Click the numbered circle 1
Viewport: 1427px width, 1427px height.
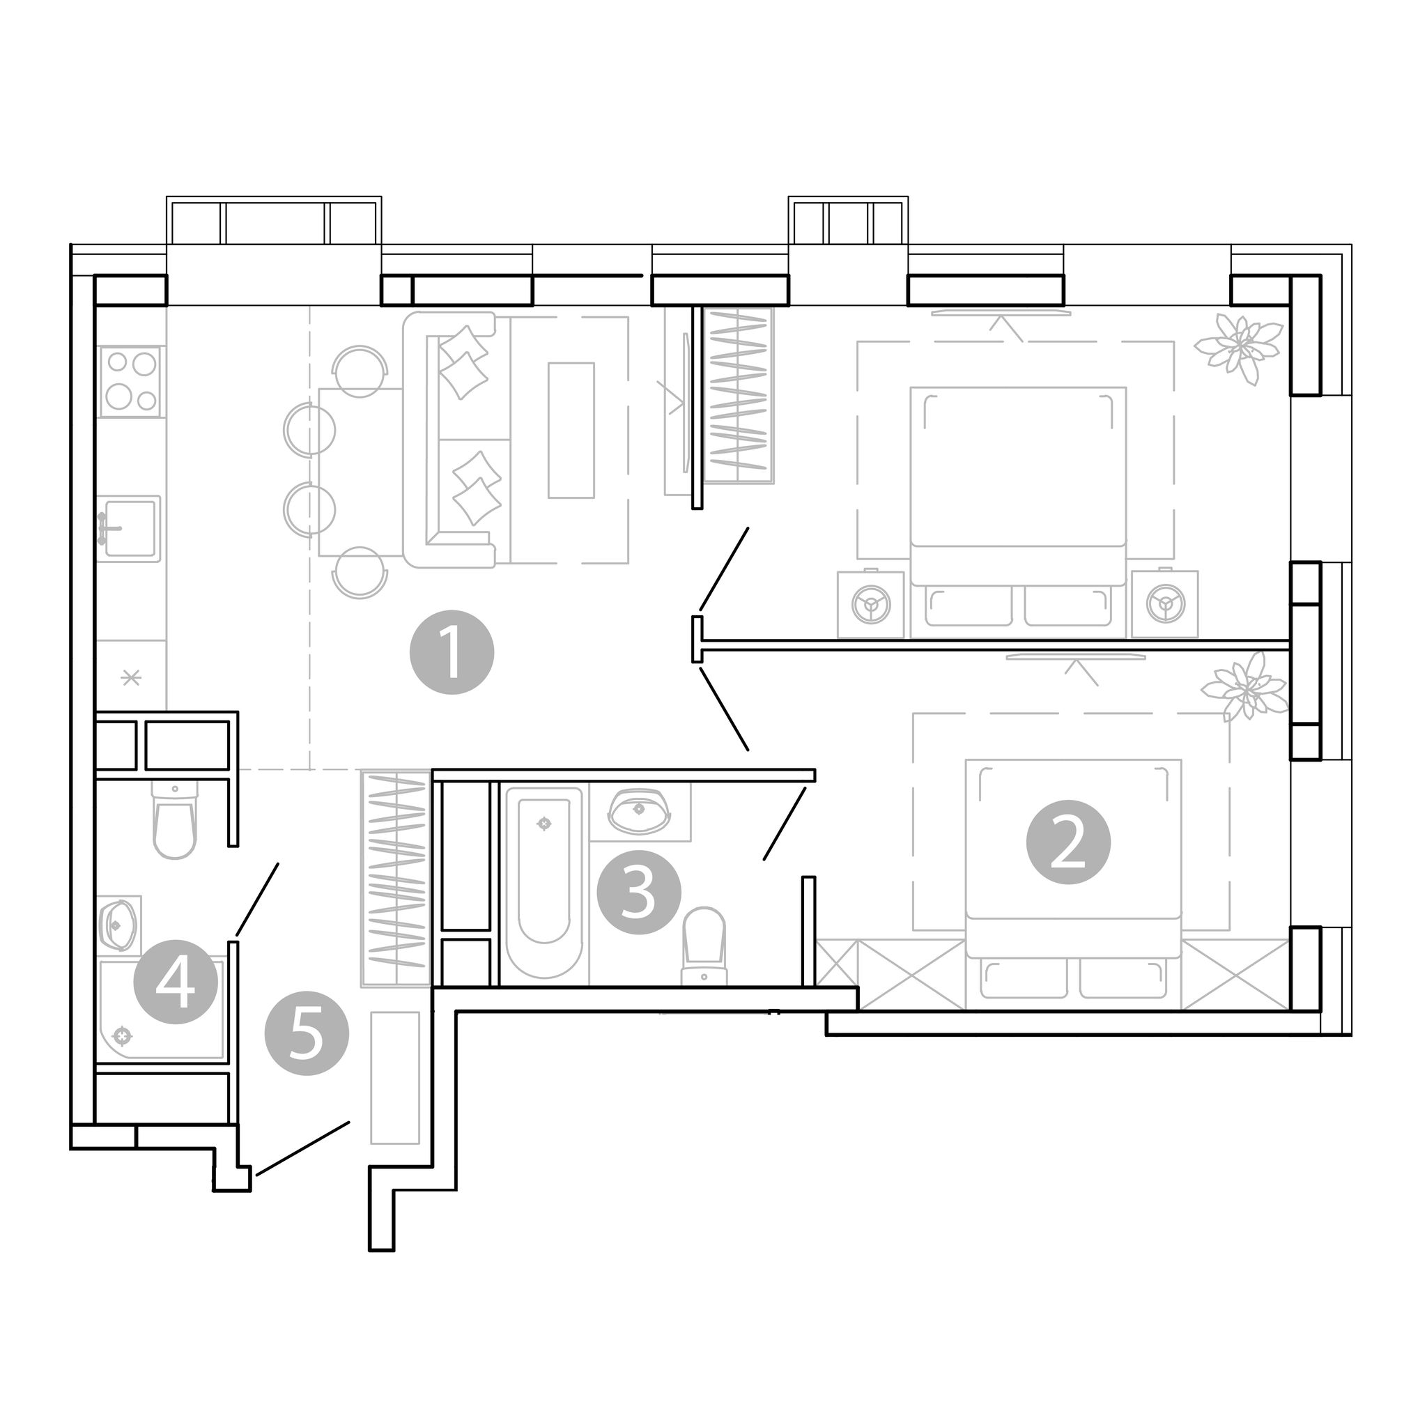point(452,652)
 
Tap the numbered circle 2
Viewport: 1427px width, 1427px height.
point(1068,843)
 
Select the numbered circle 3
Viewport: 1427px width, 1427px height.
point(639,893)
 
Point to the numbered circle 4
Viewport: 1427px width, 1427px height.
point(176,982)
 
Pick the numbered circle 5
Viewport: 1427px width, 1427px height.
point(307,1033)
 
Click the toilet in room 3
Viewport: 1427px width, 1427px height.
point(704,946)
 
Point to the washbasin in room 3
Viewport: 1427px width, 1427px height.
point(640,812)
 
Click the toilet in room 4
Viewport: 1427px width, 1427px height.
point(175,820)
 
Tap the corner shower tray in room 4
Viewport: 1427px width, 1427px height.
point(161,1011)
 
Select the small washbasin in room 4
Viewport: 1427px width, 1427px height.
point(118,923)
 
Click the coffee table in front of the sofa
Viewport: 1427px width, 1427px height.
point(571,431)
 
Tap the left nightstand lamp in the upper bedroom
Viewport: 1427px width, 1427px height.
point(871,605)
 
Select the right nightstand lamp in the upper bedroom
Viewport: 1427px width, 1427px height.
point(1165,605)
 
